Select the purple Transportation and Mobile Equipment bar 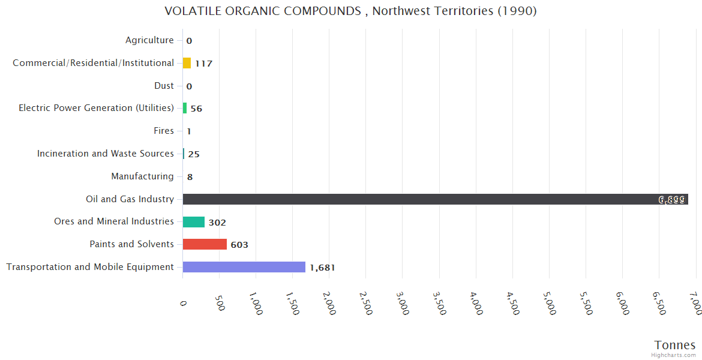(x=244, y=267)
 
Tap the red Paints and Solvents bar (x=205, y=244)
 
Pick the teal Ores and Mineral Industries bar (x=194, y=222)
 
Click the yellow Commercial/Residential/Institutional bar (x=187, y=63)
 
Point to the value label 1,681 (x=322, y=268)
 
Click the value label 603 (x=239, y=245)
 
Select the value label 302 (x=217, y=223)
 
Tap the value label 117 (x=203, y=64)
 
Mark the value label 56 (x=196, y=109)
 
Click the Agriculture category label (x=149, y=40)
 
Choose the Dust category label (x=164, y=86)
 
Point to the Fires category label (x=163, y=131)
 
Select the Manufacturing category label (x=142, y=176)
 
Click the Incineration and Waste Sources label (x=106, y=154)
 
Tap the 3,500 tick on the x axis (x=440, y=304)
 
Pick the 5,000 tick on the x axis (x=550, y=304)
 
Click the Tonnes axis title (x=674, y=345)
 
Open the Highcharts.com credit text (x=674, y=355)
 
